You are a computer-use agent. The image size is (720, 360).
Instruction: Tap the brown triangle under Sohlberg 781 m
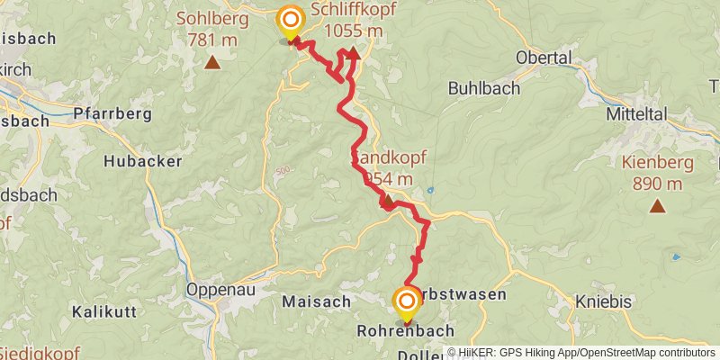pyautogui.click(x=211, y=62)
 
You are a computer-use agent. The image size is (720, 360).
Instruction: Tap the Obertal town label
pyautogui.click(x=544, y=58)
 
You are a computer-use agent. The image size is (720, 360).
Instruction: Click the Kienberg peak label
pyautogui.click(x=658, y=164)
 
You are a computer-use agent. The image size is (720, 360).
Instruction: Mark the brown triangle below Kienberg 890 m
pyautogui.click(x=658, y=207)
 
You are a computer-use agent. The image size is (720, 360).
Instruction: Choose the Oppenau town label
pyautogui.click(x=216, y=290)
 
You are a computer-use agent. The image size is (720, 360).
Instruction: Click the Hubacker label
pyautogui.click(x=143, y=161)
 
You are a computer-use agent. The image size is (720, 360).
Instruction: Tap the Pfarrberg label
pyautogui.click(x=110, y=115)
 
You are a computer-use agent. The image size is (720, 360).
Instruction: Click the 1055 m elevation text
pyautogui.click(x=353, y=31)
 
